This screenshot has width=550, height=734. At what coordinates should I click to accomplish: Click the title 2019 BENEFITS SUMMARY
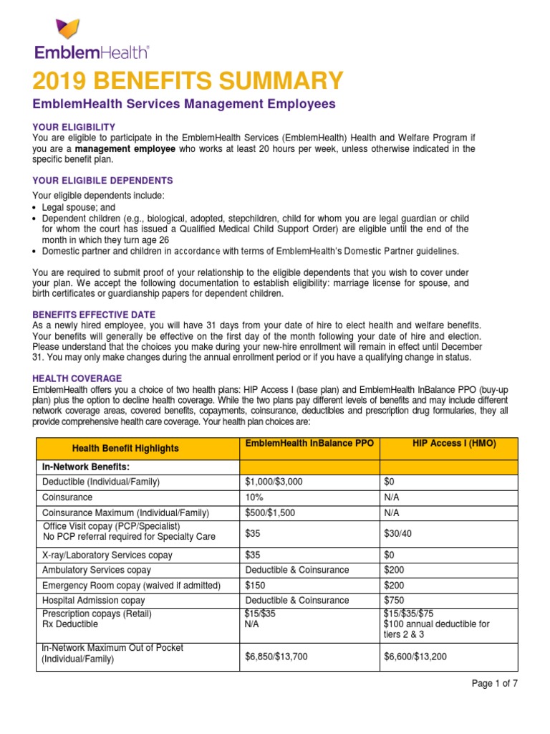tap(188, 80)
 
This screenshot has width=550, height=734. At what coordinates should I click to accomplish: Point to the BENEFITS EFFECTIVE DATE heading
tap(94, 315)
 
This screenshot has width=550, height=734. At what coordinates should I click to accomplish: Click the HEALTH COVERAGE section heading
tap(77, 378)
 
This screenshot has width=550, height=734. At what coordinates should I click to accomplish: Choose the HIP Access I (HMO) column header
tap(454, 444)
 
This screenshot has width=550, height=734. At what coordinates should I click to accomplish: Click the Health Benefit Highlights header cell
tap(126, 448)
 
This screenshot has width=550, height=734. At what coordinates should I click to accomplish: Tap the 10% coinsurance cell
tap(254, 497)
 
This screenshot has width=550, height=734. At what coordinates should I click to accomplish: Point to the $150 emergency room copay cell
tap(256, 586)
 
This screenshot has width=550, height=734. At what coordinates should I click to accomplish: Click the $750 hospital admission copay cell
tap(395, 600)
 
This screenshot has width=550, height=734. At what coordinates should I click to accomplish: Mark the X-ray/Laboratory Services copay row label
tap(107, 555)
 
